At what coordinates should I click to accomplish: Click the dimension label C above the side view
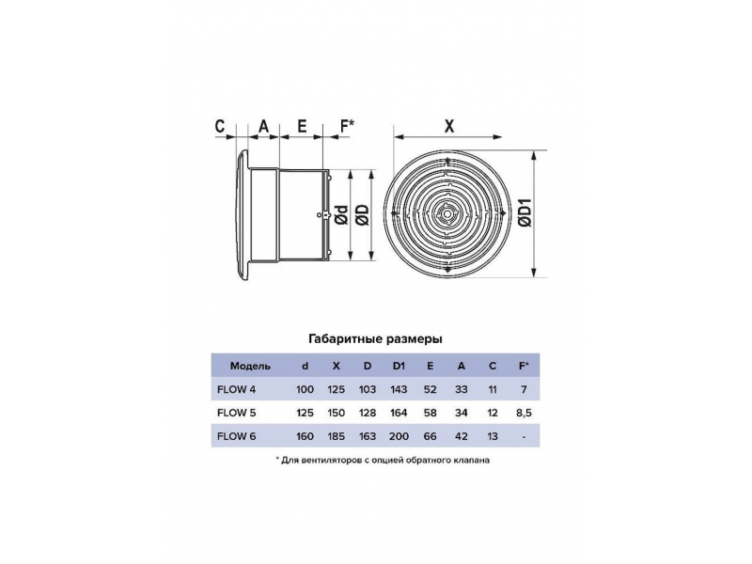click(220, 126)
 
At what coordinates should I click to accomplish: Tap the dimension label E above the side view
click(302, 126)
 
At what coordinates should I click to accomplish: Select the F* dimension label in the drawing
click(347, 126)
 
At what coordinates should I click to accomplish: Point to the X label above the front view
click(449, 126)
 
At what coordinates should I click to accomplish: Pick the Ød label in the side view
click(341, 215)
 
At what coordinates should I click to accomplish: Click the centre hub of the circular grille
click(448, 213)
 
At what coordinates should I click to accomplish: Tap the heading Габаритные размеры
click(375, 339)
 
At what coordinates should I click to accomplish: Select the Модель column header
click(250, 366)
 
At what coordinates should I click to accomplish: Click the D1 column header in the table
click(399, 366)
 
